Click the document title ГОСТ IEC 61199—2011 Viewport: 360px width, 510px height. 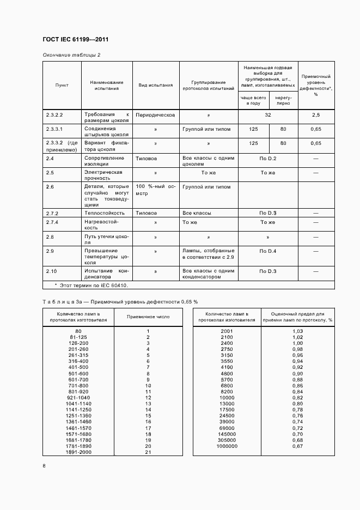[79, 40]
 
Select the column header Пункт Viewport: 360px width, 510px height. [62, 85]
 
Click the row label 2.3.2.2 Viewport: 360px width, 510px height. [54, 115]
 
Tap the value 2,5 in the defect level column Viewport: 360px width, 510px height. [316, 115]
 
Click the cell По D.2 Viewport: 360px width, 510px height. [268, 158]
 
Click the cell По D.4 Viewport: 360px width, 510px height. [268, 251]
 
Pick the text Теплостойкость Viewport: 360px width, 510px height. [104, 213]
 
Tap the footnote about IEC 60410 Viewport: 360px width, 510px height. [91, 285]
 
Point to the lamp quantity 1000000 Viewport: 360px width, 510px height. [227, 446]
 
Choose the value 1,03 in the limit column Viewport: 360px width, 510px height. [297, 331]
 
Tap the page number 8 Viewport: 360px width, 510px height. [44, 465]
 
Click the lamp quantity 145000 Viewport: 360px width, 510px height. [227, 434]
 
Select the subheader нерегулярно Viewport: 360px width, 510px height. [283, 100]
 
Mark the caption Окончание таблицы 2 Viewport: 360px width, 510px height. [71, 55]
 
